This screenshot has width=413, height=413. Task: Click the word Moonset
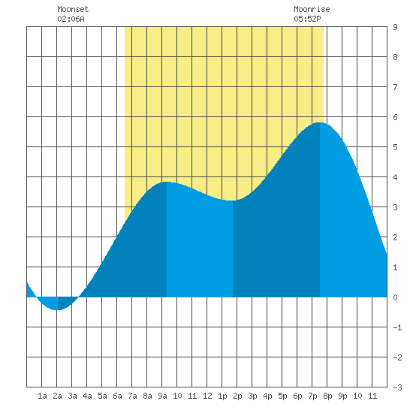[73, 9]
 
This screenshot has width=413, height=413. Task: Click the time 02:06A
[71, 19]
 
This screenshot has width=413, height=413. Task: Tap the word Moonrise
[312, 9]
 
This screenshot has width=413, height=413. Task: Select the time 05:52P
[307, 19]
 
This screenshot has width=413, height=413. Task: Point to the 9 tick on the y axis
[395, 27]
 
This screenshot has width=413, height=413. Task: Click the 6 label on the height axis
[395, 117]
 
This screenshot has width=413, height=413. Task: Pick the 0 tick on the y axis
[395, 297]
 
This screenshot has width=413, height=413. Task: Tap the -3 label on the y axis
[397, 387]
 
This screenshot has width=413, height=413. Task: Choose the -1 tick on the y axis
[397, 327]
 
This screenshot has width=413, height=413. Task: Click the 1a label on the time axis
[42, 396]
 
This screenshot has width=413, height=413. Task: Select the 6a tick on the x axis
[117, 396]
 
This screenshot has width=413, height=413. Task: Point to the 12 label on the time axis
[207, 396]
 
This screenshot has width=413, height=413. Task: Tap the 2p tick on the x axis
[237, 396]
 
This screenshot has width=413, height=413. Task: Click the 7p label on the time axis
[312, 396]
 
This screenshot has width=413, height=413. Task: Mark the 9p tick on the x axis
[342, 396]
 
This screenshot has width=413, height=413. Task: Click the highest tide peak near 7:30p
[320, 122]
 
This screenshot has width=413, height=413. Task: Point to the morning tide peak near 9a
[167, 182]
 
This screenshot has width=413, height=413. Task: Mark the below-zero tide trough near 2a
[58, 309]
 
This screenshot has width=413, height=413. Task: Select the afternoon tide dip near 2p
[233, 200]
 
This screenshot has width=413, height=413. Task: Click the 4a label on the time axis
[87, 396]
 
